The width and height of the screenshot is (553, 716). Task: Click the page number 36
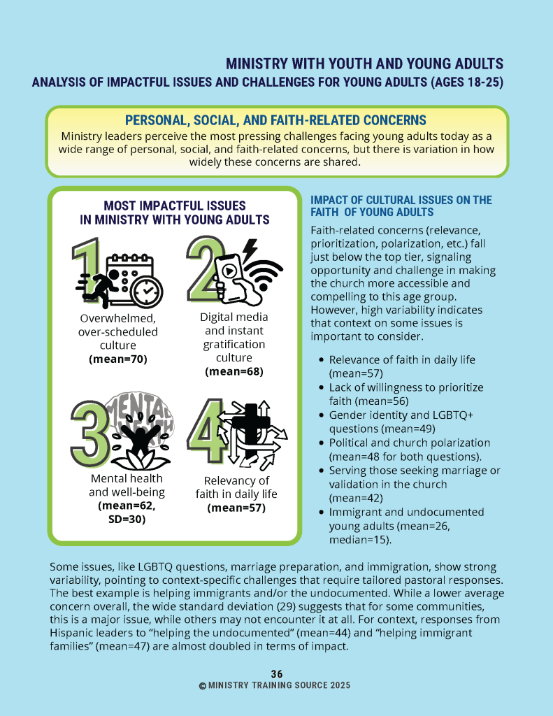point(277,674)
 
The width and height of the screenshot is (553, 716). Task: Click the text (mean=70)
point(117,359)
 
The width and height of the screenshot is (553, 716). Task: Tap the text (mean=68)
point(234,371)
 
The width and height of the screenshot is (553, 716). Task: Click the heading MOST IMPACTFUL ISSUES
point(174,206)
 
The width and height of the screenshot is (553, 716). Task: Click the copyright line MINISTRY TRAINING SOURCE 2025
point(275,686)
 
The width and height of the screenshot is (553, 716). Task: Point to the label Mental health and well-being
point(127,485)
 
